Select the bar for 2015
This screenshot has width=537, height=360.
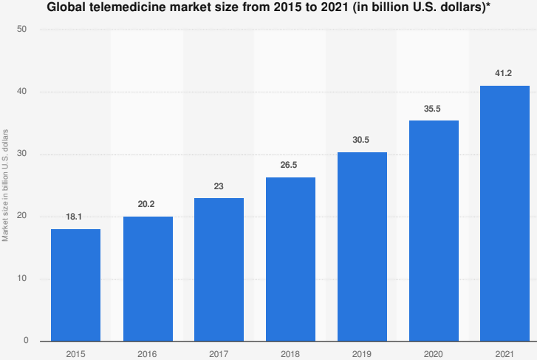75,285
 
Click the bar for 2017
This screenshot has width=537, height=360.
219,269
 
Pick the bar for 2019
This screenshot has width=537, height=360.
362,246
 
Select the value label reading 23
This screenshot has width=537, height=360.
219,187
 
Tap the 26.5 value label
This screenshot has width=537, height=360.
290,166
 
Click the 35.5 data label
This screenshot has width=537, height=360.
433,109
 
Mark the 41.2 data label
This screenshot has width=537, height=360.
504,74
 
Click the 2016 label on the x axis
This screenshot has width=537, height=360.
147,353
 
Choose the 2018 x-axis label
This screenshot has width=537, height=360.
290,353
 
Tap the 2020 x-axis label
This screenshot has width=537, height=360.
433,353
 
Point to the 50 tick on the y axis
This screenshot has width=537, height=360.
23,30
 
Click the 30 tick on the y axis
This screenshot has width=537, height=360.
23,154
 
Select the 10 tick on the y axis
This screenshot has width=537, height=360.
23,279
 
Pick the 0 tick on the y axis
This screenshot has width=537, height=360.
26,341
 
